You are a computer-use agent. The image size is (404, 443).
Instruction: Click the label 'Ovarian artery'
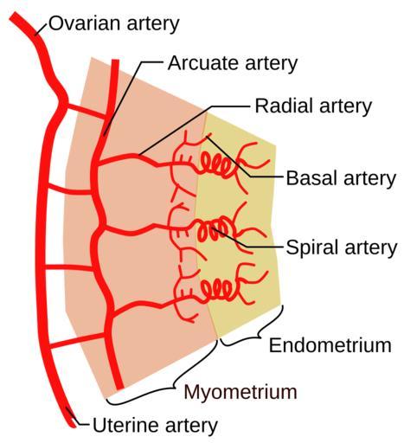point(114,24)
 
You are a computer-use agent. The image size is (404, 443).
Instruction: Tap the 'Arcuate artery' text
point(233,63)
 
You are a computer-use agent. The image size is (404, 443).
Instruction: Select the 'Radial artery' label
point(313,106)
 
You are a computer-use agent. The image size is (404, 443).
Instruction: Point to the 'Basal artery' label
point(341,178)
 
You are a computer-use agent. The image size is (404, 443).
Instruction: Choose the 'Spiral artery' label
point(342,247)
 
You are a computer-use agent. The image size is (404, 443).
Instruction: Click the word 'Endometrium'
point(330,345)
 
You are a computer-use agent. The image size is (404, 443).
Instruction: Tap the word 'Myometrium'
point(240,392)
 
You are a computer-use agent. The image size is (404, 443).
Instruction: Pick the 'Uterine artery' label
point(155,425)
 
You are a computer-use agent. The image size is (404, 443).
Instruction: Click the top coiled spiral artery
point(216,165)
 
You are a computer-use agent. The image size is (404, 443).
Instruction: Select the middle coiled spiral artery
point(215,229)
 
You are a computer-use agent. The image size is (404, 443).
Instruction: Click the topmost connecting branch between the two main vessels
point(87,111)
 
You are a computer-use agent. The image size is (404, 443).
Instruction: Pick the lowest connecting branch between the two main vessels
point(76,340)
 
